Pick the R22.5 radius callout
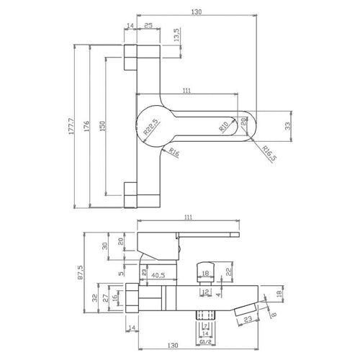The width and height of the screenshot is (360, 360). [x=150, y=128]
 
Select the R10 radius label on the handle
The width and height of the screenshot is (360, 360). [x=225, y=127]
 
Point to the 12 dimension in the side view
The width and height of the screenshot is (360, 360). [x=205, y=292]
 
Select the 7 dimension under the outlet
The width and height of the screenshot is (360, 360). [x=205, y=326]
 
